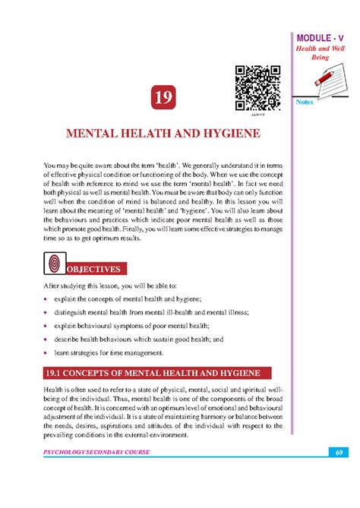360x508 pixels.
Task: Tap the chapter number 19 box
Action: coord(162,99)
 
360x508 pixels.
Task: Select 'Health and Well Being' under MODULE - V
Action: coord(326,54)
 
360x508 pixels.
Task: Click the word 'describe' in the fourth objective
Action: coord(69,339)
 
